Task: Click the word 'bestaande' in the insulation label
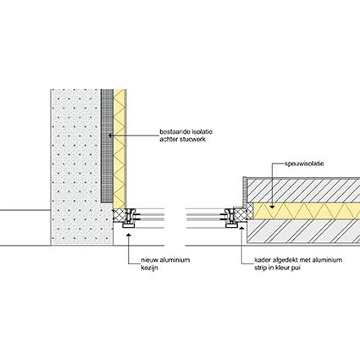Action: pos(173,132)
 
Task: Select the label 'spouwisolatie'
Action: pos(304,163)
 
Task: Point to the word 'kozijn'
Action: pos(149,268)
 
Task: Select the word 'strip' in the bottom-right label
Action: pos(261,268)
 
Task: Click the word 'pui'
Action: pos(296,268)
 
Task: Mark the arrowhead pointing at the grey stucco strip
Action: pos(111,136)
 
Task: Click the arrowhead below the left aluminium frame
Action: pos(128,234)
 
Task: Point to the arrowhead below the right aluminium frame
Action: pos(241,228)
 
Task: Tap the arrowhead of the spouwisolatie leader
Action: pos(271,207)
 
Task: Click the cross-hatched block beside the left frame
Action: pos(119,215)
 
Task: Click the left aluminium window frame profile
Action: pos(130,218)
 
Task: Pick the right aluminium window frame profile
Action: pos(231,218)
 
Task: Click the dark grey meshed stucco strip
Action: pos(107,146)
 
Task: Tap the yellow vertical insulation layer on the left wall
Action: pos(119,149)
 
